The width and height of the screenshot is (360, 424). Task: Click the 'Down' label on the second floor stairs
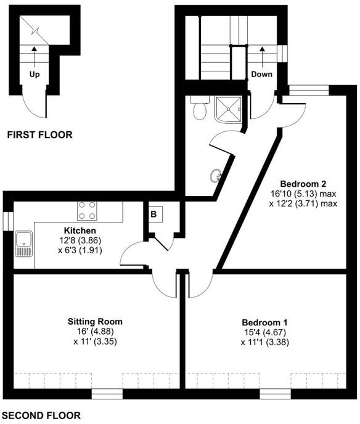(x=262, y=73)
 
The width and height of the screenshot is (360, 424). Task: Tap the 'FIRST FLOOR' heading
(x=38, y=134)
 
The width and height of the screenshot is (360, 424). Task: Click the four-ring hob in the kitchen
(x=87, y=211)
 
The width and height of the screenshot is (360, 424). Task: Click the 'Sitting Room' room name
(x=95, y=321)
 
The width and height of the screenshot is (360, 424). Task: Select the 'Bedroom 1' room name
(x=265, y=322)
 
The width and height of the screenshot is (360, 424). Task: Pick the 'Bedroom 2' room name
(x=303, y=183)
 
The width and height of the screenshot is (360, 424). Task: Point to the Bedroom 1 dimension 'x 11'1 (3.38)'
(x=265, y=343)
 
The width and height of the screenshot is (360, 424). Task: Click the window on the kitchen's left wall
(x=6, y=221)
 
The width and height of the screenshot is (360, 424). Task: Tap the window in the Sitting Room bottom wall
(x=103, y=392)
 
